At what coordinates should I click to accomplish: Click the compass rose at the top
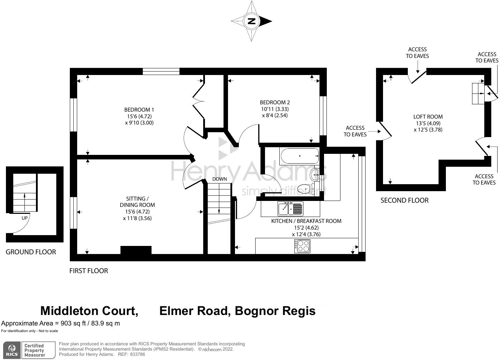pos(251,21)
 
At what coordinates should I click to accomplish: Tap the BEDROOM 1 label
pos(139,110)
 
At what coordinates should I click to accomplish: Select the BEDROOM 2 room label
pos(275,102)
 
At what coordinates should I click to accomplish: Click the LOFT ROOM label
pos(428,117)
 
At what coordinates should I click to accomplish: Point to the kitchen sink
pos(291,209)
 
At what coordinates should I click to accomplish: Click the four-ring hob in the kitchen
pos(302,246)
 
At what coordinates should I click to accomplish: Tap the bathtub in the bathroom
pos(299,156)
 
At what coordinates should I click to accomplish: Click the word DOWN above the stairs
pos(220,179)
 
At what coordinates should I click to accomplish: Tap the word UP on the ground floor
pos(24,218)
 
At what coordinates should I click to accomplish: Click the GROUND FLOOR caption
pos(31,252)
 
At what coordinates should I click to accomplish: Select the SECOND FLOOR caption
pos(404,200)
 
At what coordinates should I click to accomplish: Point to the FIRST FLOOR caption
pos(89,271)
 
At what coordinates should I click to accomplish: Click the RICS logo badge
pos(11,350)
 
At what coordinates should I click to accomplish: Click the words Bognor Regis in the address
pos(275,310)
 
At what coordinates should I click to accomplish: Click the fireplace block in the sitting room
pos(136,250)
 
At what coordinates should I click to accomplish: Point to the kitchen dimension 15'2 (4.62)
pos(306,227)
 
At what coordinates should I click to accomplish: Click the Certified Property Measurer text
pos(34,350)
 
